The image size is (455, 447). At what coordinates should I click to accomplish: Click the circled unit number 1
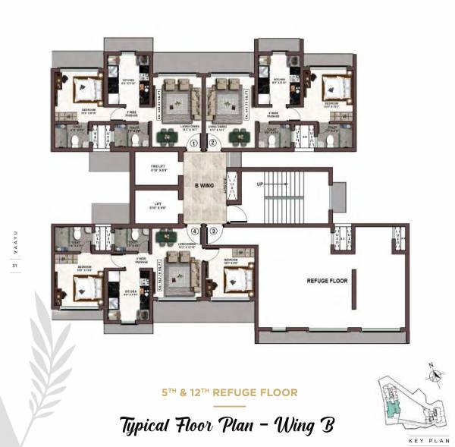coord(194,142)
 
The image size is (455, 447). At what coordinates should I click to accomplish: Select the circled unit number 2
coord(213,142)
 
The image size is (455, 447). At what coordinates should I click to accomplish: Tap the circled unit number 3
coord(214,231)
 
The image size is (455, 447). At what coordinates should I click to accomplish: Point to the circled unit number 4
coord(195,231)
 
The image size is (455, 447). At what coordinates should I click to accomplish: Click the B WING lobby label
coord(203,184)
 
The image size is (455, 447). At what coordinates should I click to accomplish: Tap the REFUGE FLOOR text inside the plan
coord(327,280)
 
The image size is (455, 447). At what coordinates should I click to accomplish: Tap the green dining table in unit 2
coord(241,137)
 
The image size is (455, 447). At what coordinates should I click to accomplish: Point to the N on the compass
coord(432,366)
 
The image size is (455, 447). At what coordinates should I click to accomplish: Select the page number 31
coord(14,265)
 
